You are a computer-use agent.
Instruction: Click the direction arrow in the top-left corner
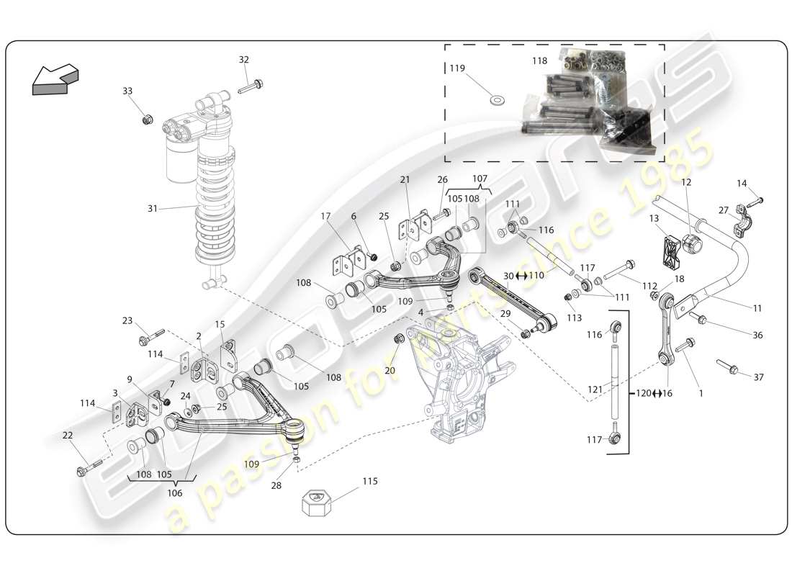point(55,78)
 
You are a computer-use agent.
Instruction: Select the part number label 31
point(152,209)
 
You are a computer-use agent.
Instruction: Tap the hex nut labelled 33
point(147,119)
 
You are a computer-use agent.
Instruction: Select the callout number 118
point(539,62)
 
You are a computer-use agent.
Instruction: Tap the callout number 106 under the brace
point(174,493)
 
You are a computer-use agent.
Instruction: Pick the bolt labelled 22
point(86,469)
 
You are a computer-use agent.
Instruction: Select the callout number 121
point(595,390)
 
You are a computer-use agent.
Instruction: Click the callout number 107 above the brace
point(480,178)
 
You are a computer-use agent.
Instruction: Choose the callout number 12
point(685,183)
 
